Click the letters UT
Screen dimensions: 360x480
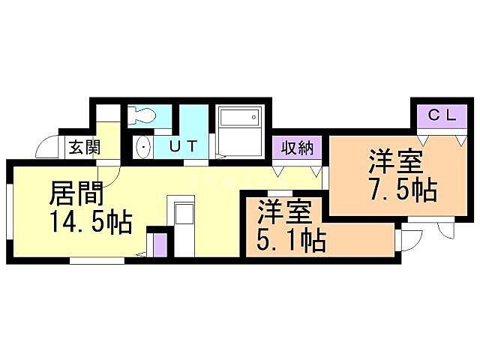point(183,146)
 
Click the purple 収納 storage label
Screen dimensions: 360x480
point(298,147)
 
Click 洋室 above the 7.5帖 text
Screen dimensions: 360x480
point(395,162)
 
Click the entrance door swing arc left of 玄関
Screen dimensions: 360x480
point(49,146)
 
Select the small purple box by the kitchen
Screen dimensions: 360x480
point(159,244)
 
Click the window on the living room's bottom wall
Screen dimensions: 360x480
point(97,261)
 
